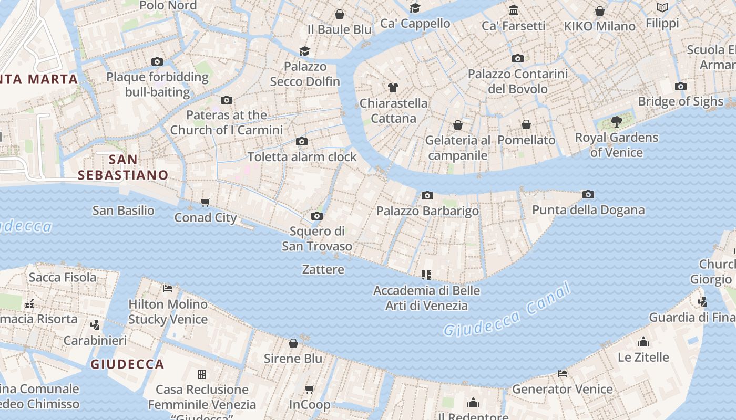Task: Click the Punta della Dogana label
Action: point(588,211)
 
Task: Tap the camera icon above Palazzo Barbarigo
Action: point(427,196)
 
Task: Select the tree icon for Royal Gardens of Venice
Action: point(616,122)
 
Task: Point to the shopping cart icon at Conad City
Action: point(206,202)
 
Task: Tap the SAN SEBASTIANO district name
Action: point(123,167)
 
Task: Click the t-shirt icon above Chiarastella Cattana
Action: point(393,87)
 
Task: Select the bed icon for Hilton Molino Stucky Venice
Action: point(168,288)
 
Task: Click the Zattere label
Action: point(323,270)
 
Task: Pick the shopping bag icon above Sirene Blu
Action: point(293,343)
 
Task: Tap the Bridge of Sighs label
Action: point(680,101)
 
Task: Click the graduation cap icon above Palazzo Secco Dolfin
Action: point(304,51)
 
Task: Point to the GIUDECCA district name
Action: point(127,364)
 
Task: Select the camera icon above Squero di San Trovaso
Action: point(316,216)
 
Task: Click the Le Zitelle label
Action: point(643,358)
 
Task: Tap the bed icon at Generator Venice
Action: point(563,374)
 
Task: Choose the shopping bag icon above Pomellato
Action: point(526,124)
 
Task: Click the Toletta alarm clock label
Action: point(302,157)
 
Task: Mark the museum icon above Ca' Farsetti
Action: point(514,10)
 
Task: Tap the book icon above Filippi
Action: point(662,7)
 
